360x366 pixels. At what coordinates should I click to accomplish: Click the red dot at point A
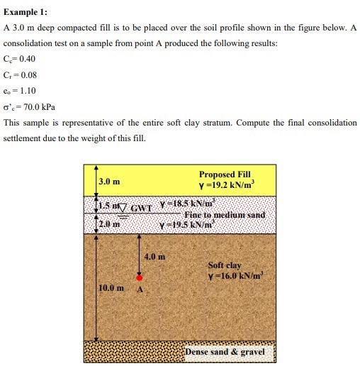tap(140, 278)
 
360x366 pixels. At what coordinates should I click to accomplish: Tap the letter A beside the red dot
tap(140, 290)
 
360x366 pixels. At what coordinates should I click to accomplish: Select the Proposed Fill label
tap(225, 174)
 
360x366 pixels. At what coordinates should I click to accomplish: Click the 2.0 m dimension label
tap(108, 224)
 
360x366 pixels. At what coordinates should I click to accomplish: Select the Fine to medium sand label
tap(225, 214)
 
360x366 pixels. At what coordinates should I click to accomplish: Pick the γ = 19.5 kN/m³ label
tap(189, 224)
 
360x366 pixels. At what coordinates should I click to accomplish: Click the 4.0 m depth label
tap(154, 256)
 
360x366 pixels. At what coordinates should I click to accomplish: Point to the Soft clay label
tap(225, 265)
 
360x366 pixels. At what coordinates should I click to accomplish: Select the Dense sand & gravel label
tap(226, 352)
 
